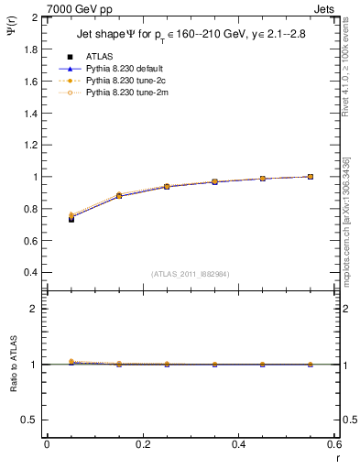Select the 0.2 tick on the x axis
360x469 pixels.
click(142, 444)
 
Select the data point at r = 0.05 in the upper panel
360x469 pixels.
click(71, 218)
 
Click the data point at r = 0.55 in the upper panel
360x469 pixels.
click(311, 177)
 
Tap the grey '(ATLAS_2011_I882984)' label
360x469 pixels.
click(191, 274)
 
